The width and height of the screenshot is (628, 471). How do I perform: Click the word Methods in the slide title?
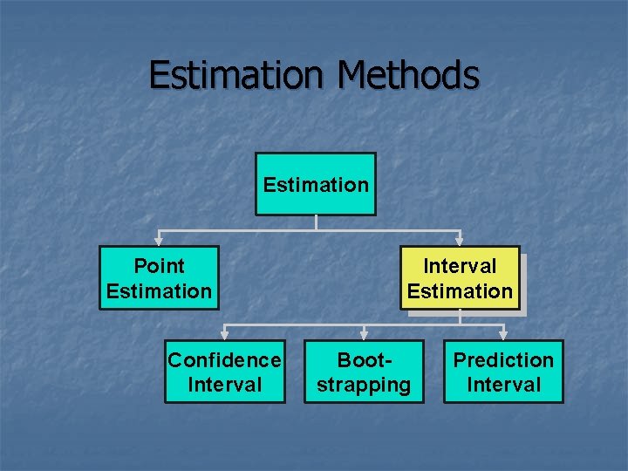(408, 75)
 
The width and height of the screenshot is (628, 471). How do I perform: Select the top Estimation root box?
(316, 184)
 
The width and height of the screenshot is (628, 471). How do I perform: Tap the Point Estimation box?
(159, 278)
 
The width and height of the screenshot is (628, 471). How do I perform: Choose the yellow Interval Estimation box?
(460, 278)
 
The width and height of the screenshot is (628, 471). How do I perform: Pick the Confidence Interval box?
(225, 372)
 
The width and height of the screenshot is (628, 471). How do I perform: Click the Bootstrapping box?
(364, 372)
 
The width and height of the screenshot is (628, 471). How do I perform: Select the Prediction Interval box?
(503, 372)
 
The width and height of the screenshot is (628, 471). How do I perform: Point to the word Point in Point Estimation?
(159, 266)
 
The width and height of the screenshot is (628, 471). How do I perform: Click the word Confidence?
(225, 360)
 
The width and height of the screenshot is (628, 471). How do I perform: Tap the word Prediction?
(503, 360)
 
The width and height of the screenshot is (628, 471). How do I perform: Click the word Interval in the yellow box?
(460, 266)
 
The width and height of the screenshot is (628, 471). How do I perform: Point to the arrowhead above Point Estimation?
(159, 240)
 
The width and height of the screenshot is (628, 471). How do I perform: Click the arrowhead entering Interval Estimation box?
(460, 240)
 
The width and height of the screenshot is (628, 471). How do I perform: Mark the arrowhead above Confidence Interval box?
(225, 334)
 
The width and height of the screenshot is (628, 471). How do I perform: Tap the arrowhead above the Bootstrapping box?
(364, 334)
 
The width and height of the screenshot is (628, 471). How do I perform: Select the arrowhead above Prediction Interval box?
(503, 334)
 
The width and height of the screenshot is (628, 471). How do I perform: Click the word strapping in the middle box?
(364, 385)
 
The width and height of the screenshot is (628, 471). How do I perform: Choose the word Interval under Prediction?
(503, 385)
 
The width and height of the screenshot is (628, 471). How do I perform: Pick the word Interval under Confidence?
(225, 385)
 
